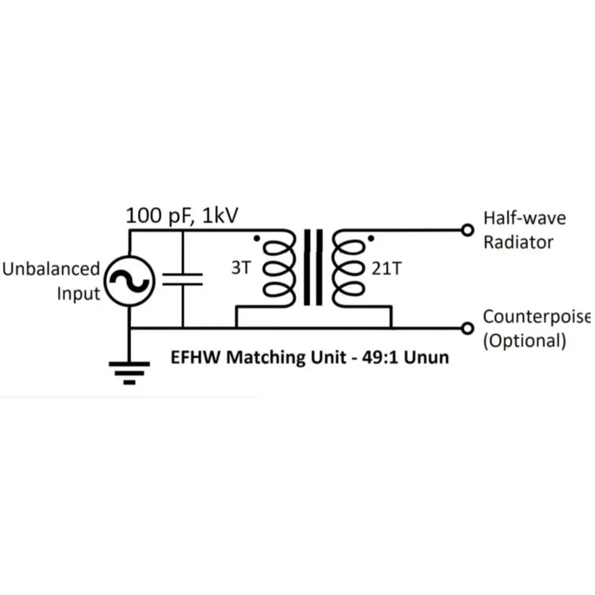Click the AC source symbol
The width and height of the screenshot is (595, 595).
[x=130, y=280]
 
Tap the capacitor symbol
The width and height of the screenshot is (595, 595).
[x=182, y=280]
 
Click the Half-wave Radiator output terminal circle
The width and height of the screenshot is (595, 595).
[x=468, y=230]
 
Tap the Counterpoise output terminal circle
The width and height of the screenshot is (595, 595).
[x=468, y=328]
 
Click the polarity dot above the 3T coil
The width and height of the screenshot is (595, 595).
[x=256, y=239]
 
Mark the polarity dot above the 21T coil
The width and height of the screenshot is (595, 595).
[x=371, y=239]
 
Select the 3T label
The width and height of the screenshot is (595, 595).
[x=240, y=268]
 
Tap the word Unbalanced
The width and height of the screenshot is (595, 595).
[x=51, y=269]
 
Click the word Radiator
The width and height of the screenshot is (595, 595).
[x=518, y=242]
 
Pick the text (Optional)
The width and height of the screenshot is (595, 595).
[x=524, y=341]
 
